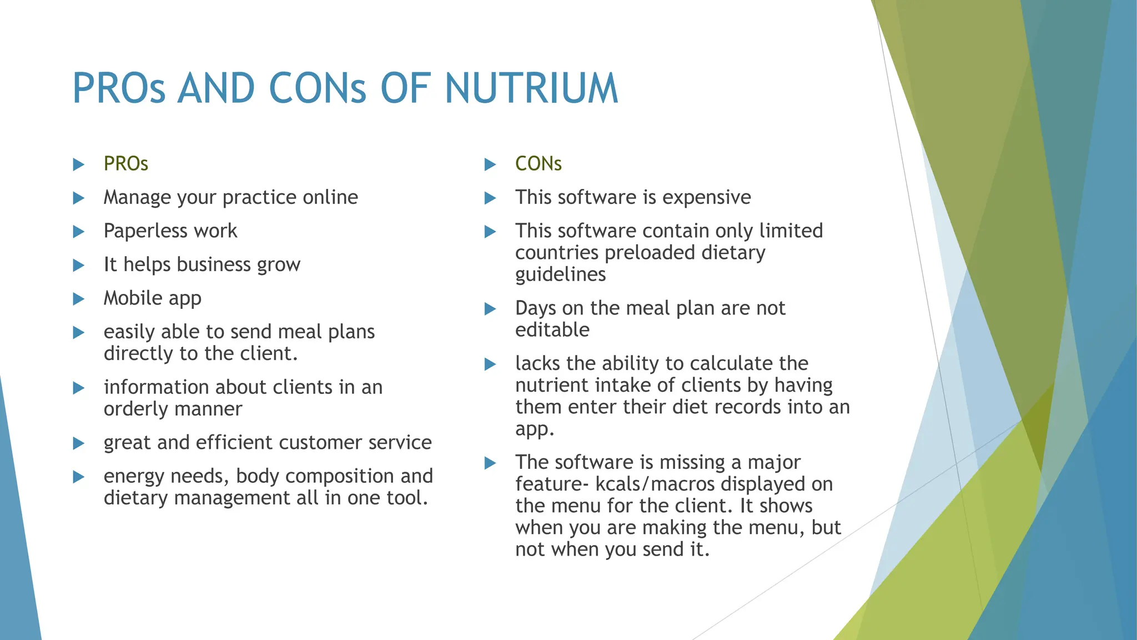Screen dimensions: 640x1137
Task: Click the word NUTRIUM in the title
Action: point(531,89)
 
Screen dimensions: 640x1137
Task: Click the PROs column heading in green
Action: point(126,164)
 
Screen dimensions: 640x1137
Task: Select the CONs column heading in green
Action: point(538,164)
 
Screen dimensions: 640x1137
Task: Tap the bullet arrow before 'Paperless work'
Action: point(79,232)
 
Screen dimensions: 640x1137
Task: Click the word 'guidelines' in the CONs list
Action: point(560,274)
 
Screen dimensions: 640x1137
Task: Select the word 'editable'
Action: point(552,330)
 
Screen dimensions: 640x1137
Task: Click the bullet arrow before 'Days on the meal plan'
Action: point(490,309)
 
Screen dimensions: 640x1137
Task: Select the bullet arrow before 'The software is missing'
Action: point(490,463)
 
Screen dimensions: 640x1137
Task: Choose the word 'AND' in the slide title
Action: point(216,89)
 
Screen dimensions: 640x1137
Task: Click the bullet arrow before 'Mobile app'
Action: point(79,299)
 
